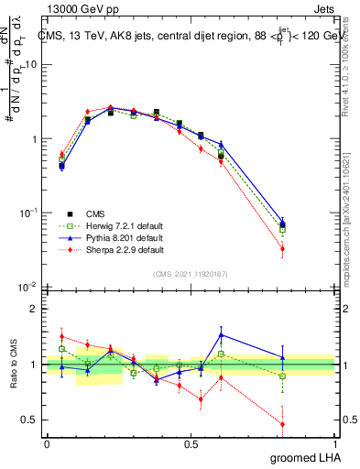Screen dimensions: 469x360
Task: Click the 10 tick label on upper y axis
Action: (x=30, y=64)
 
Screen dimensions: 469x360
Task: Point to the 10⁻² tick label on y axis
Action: (x=27, y=288)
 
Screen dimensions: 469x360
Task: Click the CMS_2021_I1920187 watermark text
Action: (x=191, y=274)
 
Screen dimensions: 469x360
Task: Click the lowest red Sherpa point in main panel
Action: (x=308, y=248)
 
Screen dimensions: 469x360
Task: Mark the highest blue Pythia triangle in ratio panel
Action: (x=221, y=334)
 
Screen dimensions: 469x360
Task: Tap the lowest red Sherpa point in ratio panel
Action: (x=308, y=424)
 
